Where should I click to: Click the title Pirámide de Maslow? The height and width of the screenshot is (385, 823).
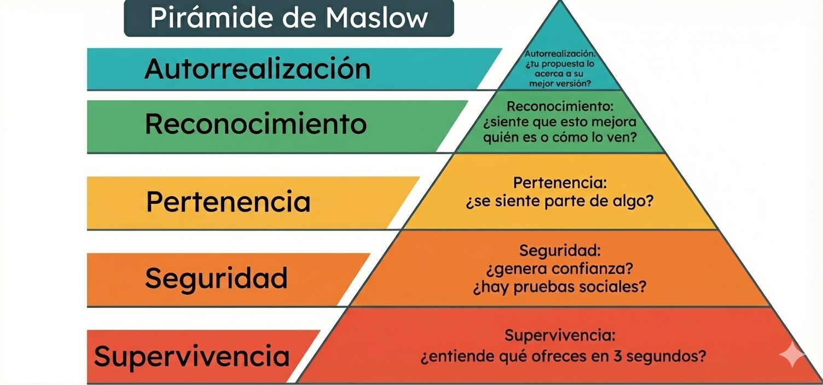289,17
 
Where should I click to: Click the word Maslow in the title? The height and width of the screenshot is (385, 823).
377,17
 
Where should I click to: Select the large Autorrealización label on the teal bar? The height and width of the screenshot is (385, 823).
257,69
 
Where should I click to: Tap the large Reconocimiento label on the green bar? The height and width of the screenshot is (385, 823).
256,124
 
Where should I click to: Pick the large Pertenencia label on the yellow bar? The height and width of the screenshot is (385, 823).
228,201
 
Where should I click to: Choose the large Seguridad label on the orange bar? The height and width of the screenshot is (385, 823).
216,278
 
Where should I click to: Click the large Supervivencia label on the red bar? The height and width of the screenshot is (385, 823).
192,356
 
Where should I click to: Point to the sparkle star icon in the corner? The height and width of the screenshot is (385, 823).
792,355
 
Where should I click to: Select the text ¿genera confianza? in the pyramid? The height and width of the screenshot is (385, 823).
560,269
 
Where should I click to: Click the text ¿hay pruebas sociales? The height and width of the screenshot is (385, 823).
560,287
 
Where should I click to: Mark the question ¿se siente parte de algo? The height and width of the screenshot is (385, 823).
560,201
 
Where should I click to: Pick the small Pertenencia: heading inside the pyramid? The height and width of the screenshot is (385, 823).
560,182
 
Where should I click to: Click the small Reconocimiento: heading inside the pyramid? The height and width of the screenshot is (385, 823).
560,107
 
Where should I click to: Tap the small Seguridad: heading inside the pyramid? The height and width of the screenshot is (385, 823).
560,251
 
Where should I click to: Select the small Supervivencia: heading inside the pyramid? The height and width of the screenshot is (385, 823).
560,335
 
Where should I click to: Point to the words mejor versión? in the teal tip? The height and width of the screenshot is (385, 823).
560,84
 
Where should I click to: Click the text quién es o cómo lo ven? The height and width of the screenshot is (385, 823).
560,137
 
